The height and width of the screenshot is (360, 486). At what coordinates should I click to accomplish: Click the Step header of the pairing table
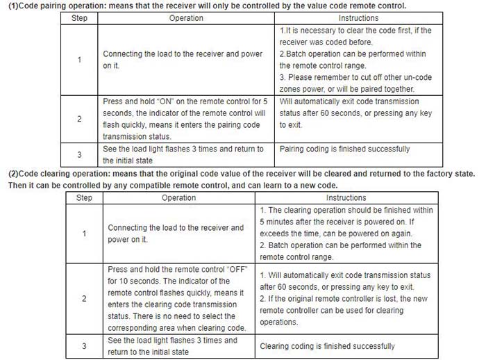coord(79,17)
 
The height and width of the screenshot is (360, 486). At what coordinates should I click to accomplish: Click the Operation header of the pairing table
coord(187,17)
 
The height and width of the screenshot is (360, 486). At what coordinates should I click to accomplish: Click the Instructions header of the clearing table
coord(346,198)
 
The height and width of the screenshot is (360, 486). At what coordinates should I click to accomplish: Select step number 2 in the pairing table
coord(79,119)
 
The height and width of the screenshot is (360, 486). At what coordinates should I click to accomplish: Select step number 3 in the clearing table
coord(84,345)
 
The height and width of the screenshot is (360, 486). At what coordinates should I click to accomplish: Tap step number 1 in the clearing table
coord(84,234)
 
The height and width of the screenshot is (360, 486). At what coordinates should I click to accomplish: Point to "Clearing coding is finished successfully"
coord(327,346)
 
